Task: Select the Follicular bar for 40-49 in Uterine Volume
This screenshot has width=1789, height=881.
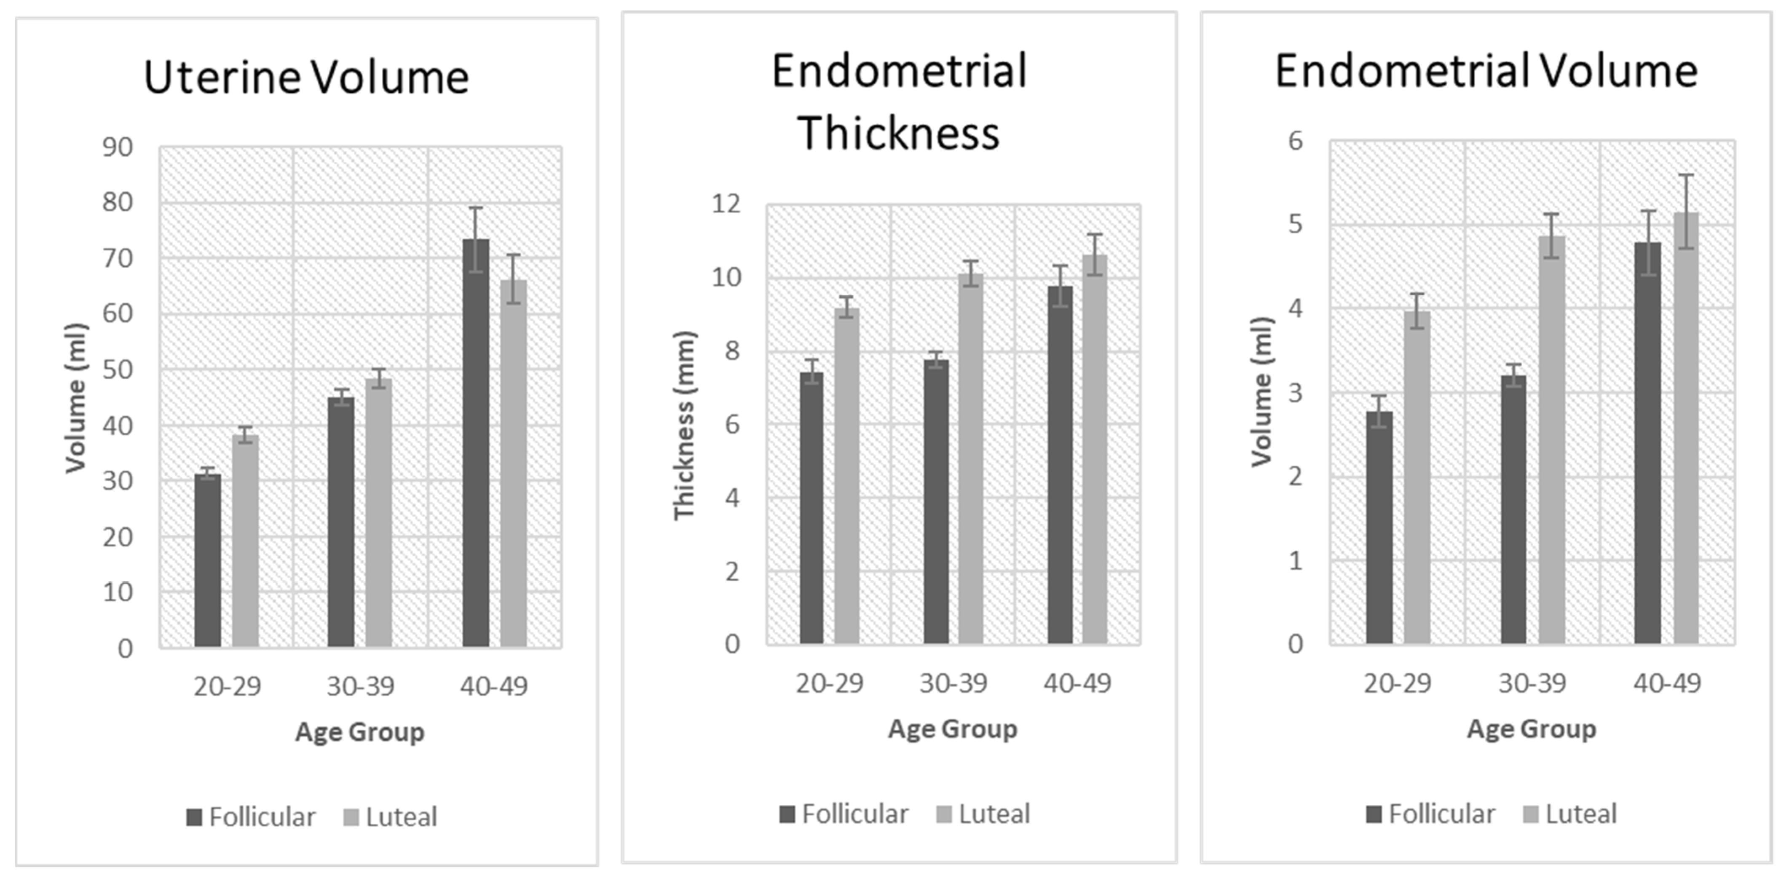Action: [x=476, y=445]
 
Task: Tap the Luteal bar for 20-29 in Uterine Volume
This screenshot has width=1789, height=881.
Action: [x=245, y=541]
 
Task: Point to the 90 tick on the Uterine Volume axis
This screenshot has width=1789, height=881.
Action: [x=118, y=147]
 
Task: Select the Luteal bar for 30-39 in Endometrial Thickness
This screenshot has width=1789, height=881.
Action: [x=971, y=458]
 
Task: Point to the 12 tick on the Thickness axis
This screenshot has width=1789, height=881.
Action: [x=726, y=204]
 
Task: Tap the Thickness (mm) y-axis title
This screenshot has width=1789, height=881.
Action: [x=684, y=425]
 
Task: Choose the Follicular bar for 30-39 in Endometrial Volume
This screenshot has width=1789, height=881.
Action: [x=1514, y=510]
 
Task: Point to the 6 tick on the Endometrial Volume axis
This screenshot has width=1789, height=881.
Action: [x=1296, y=142]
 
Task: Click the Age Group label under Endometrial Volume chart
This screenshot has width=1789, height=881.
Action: [x=1531, y=729]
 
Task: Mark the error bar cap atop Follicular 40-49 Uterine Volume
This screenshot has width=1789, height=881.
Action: [x=476, y=208]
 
